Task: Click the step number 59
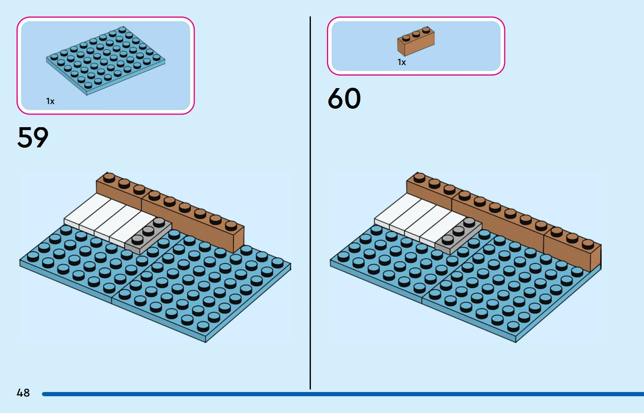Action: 33,137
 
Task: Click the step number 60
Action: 344,98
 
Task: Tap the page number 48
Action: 23,393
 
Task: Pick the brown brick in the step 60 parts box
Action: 416,42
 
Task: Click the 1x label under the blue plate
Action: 50,101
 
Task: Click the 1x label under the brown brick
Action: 402,63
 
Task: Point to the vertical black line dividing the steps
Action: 310,201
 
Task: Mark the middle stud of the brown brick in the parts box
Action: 416,34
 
